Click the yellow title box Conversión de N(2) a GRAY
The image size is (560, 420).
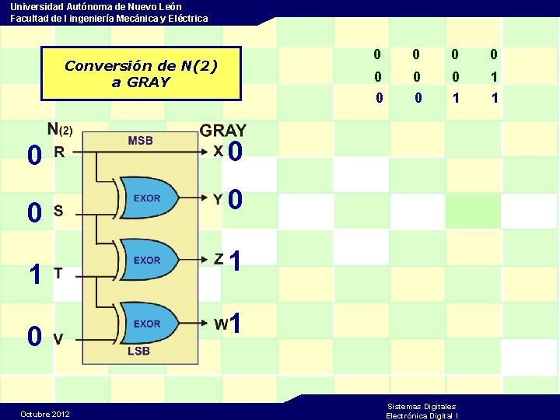pos(141,73)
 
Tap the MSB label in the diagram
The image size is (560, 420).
pos(140,141)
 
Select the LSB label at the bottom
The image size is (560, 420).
pos(138,351)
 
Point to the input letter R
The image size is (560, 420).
pos(58,152)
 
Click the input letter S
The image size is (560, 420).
pos(58,211)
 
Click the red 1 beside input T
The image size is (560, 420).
pos(34,274)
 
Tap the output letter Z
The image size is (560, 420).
pos(219,259)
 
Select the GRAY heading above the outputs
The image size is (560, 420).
pos(223,130)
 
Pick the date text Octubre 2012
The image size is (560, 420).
pos(44,414)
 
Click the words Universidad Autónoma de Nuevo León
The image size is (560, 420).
pos(96,6)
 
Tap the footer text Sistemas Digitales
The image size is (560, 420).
pos(422,406)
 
